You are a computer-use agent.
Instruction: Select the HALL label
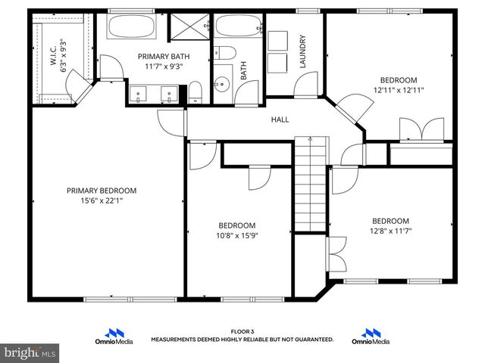pyautogui.click(x=280, y=119)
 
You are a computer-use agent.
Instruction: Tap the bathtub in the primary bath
pyautogui.click(x=132, y=28)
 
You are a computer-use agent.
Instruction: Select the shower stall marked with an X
pyautogui.click(x=188, y=28)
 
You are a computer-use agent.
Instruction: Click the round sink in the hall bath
pyautogui.click(x=222, y=85)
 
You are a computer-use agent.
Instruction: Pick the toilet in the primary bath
pyautogui.click(x=194, y=92)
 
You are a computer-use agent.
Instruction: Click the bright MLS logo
pyautogui.click(x=30, y=352)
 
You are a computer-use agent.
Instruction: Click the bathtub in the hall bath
pyautogui.click(x=238, y=27)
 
